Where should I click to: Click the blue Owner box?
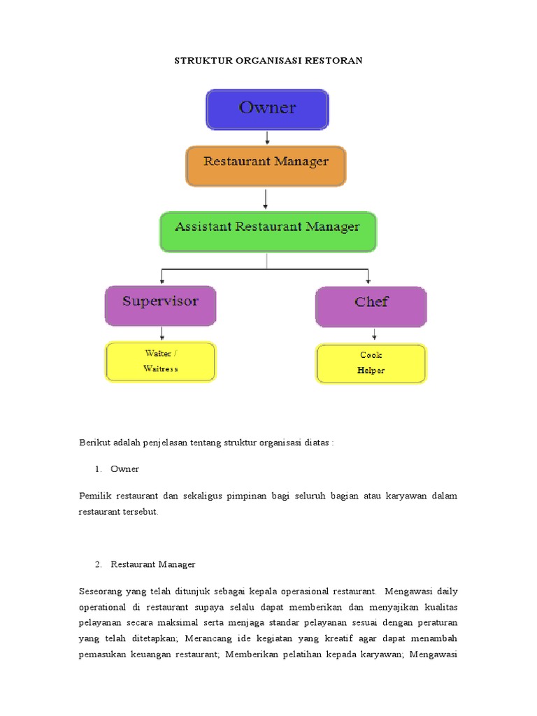coord(266,109)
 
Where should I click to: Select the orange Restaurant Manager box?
coord(266,165)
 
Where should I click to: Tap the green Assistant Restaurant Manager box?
coord(268,231)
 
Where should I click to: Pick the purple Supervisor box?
coord(160,305)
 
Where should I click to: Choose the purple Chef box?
coord(371,306)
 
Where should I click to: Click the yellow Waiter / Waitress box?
coord(160,361)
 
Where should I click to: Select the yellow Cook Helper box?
coord(371,363)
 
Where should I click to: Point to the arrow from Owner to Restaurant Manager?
coord(266,138)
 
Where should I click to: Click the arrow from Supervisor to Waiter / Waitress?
coord(162,334)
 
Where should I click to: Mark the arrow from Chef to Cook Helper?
coord(374,335)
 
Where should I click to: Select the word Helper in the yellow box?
coord(371,371)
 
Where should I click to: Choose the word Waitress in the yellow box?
coord(160,368)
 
